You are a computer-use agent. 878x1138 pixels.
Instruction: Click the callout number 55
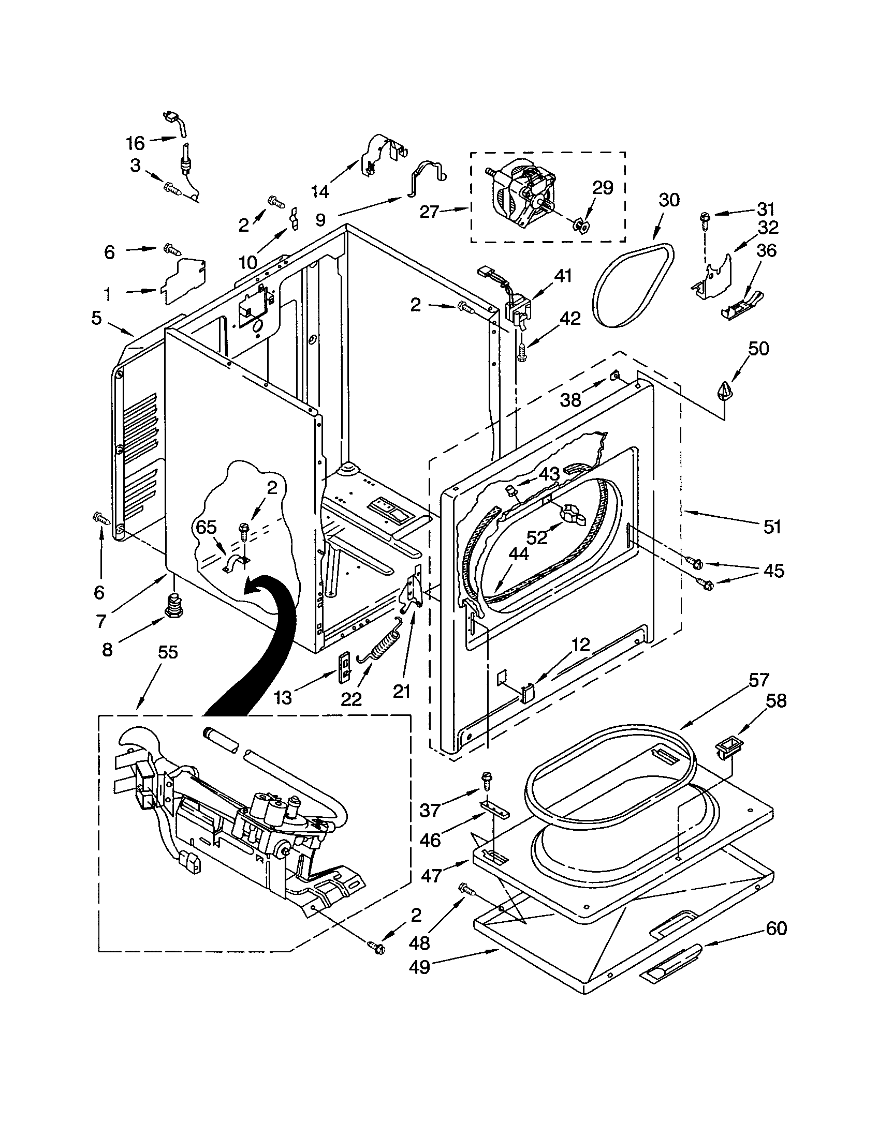click(168, 652)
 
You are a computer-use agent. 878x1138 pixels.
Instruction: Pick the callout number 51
click(772, 527)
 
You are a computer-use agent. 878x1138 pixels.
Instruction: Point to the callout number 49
click(419, 967)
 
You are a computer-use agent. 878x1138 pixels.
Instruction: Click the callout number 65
click(206, 527)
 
